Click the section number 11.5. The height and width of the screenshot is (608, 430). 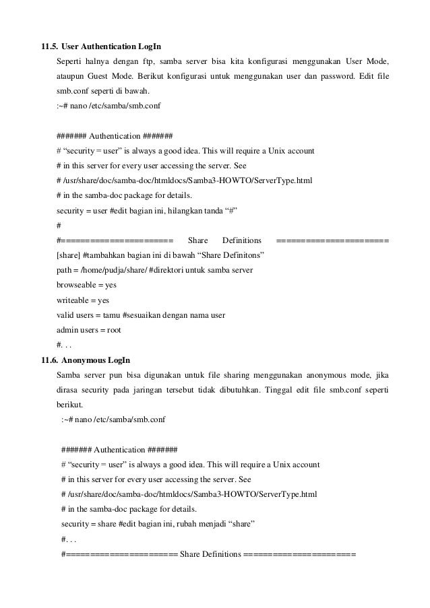[x=49, y=47]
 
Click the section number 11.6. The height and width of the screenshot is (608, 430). [x=49, y=359]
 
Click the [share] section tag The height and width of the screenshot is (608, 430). [x=69, y=255]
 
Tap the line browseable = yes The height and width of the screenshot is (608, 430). [x=86, y=285]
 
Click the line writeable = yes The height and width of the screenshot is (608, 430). [x=83, y=300]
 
